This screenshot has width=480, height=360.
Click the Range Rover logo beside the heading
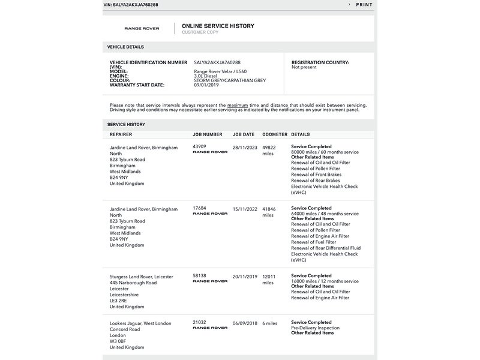point(142,29)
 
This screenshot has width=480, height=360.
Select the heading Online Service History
point(218,26)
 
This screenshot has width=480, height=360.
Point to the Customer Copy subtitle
point(200,32)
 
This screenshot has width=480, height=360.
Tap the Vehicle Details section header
point(125,46)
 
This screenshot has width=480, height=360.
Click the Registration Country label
point(320,62)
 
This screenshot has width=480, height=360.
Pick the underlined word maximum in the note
point(238,105)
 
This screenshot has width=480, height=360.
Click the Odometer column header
point(274,134)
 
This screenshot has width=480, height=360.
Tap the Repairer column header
point(121,134)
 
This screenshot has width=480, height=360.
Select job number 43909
point(199,146)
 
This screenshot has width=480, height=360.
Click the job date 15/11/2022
point(245,208)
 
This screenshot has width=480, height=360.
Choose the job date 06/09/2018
point(245,323)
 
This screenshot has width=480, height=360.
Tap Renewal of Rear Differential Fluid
point(326,248)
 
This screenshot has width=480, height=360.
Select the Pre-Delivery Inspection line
point(315,328)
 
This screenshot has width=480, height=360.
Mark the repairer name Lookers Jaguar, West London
point(140,323)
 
